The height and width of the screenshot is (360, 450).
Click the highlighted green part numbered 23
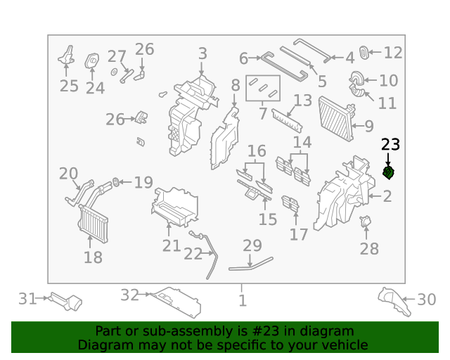[x=388, y=172]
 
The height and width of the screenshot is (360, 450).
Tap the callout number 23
[x=390, y=145]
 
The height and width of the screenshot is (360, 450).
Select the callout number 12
[x=393, y=52]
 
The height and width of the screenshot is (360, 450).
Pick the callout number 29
[x=252, y=246]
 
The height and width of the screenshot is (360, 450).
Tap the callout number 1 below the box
[x=243, y=301]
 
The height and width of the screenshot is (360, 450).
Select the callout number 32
[x=129, y=296]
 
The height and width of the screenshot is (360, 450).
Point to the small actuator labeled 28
[x=365, y=223]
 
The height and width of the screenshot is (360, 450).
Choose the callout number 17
[x=299, y=234]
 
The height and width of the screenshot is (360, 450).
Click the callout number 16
[x=257, y=151]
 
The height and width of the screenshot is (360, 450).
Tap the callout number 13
[x=302, y=101]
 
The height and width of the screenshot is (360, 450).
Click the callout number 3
[x=202, y=53]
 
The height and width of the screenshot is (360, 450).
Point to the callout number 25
[x=69, y=86]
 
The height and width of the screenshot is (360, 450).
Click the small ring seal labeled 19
[x=117, y=183]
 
